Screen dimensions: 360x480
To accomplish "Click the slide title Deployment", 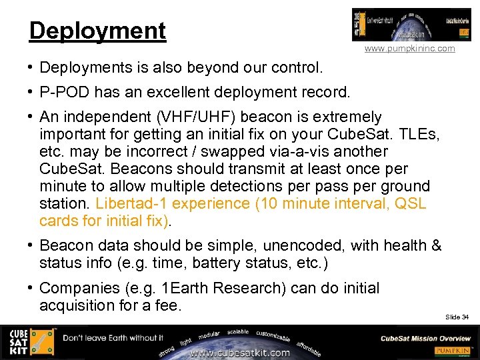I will point(97,31).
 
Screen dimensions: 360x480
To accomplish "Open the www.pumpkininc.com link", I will point(410,49).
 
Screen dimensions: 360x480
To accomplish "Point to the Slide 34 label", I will point(457,317).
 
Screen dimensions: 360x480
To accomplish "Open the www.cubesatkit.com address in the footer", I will point(240,353).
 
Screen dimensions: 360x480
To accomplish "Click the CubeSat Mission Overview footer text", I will point(425,338).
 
